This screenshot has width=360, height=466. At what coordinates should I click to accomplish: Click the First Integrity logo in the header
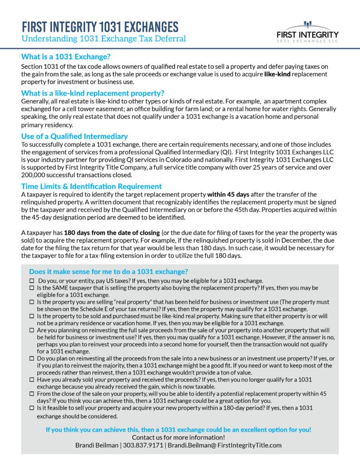pos(308,32)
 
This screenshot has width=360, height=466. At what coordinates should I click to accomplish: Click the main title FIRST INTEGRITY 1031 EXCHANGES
pos(100,26)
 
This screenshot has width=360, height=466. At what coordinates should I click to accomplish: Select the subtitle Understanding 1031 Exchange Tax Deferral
pos(103,39)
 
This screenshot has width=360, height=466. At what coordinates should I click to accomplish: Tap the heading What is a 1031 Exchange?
pos(66,57)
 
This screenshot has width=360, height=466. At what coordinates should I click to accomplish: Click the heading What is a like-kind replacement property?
pos(93,93)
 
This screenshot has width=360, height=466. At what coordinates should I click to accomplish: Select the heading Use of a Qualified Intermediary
pos(74,136)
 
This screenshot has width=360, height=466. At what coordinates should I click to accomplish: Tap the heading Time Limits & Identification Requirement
pos(91,186)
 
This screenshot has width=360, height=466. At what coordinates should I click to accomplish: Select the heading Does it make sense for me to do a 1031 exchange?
pos(108,272)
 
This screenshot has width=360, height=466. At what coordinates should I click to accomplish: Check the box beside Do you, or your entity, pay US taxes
pos(31,281)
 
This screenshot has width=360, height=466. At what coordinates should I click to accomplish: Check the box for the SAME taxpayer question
pos(31,289)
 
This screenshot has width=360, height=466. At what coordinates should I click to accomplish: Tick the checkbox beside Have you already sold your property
pos(31,380)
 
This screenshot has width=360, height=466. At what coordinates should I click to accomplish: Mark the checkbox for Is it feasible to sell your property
pos(31,408)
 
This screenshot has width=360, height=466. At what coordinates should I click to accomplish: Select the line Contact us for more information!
pos(179,437)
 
